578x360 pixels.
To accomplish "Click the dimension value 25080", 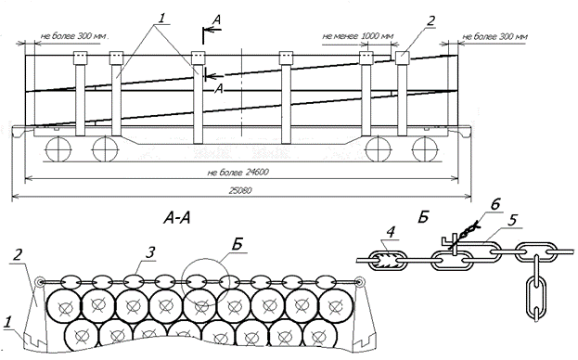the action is pos(240,190).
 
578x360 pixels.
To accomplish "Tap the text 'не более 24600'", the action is pos(238,172).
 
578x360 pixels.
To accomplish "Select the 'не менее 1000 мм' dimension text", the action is pos(358,36).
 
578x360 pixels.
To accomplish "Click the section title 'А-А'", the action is pos(177,219).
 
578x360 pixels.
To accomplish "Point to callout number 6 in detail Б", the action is pos(495,204).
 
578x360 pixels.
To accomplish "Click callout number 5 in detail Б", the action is pos(511,220).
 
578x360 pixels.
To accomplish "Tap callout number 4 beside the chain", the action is pos(391,232).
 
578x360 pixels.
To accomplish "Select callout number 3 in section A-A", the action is pos(149,252).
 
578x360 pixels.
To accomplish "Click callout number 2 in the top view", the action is pos(430,20).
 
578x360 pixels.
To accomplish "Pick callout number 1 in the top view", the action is pos(162,18).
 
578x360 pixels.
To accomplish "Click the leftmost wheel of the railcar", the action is pos(58,149).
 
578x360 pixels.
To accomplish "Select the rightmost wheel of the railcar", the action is pos(425,149).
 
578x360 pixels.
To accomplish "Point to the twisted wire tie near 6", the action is pos(465,234).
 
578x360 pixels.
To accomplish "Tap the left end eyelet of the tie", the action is pos(40,283).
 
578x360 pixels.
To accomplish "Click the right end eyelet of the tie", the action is pos(360,283).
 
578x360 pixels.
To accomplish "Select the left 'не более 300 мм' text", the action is pos(74,36).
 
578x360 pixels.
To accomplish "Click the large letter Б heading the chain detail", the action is pos(423,217).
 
